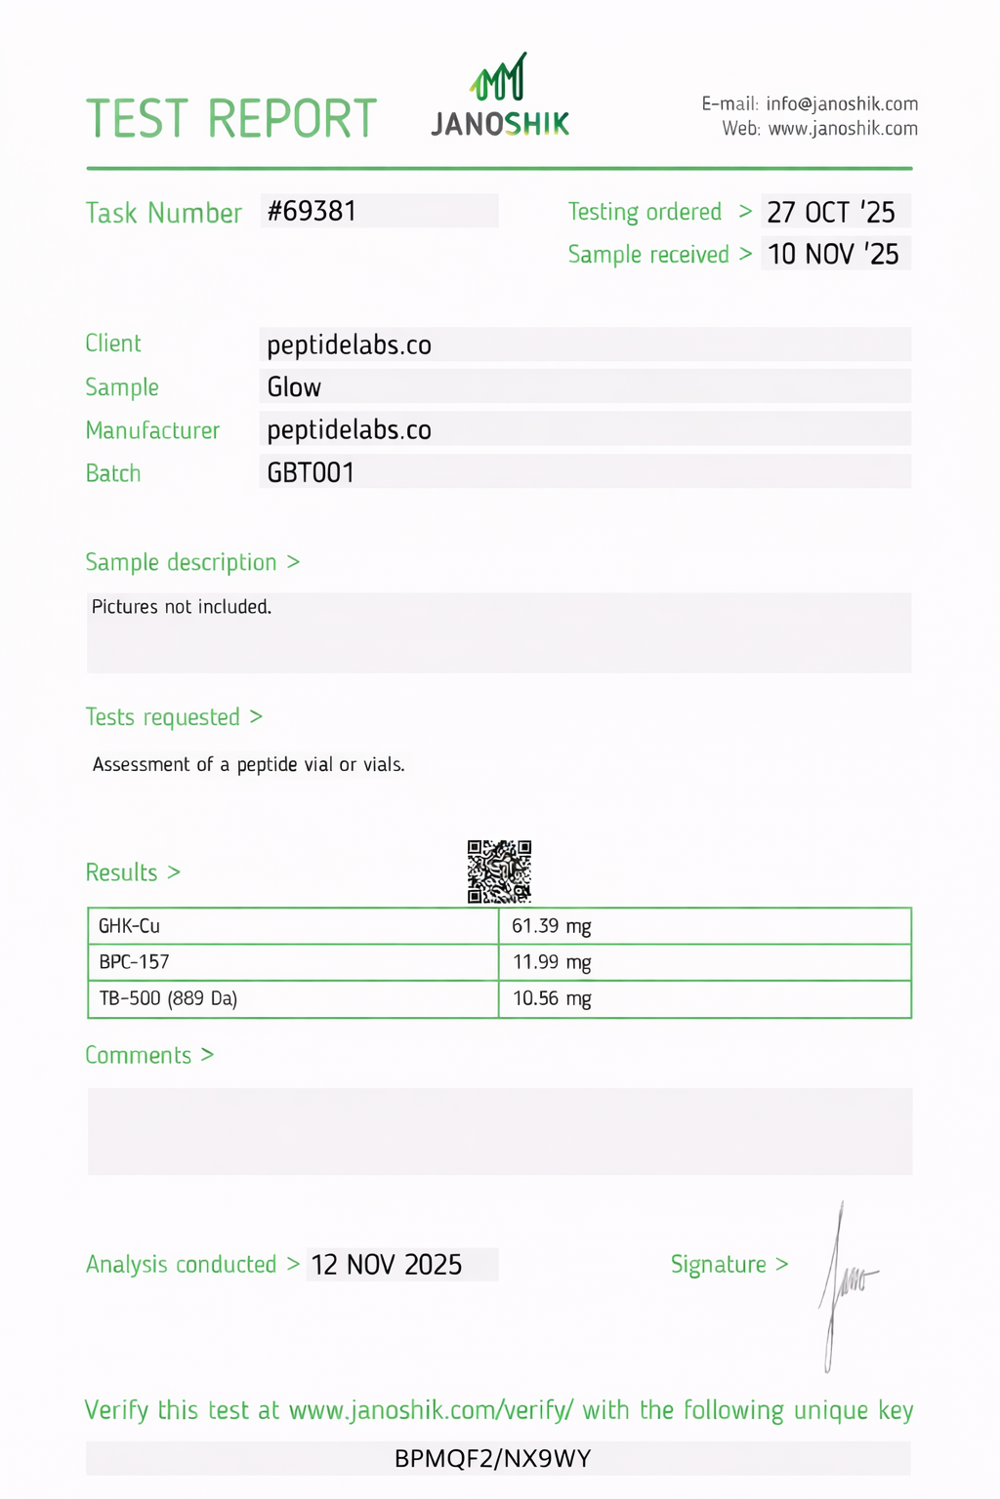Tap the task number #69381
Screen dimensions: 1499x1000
click(x=312, y=211)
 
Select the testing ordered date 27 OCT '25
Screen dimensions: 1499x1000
click(x=831, y=212)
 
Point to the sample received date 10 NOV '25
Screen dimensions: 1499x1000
click(x=833, y=254)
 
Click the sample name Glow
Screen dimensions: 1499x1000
click(x=294, y=387)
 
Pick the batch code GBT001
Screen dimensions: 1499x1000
click(x=311, y=472)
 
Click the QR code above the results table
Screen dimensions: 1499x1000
click(x=499, y=871)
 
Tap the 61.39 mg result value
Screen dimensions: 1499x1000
click(x=552, y=926)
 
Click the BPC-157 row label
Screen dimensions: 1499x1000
click(x=135, y=962)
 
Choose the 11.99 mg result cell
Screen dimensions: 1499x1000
click(x=552, y=962)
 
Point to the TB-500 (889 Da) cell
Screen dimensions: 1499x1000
click(x=168, y=998)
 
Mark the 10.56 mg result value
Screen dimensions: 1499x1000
click(x=552, y=998)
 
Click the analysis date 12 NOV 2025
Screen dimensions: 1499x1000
click(x=387, y=1265)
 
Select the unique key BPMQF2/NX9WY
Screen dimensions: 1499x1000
click(x=493, y=1459)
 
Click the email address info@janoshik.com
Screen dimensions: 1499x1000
click(x=842, y=103)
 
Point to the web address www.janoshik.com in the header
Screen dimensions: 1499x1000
click(x=843, y=129)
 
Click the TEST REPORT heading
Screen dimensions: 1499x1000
click(x=231, y=119)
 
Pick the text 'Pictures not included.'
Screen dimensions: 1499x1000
click(x=182, y=607)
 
